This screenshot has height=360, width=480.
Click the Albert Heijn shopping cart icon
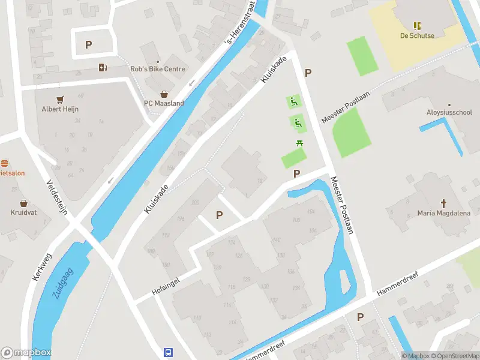tap(60, 99)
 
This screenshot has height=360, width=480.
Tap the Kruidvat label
tap(23, 212)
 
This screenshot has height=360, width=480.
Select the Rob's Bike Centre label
tap(158, 69)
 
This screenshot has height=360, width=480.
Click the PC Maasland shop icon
tap(164, 94)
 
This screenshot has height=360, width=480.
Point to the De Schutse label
tap(417, 35)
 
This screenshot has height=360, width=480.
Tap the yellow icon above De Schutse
tap(417, 26)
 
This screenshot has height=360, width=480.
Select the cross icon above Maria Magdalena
tap(444, 203)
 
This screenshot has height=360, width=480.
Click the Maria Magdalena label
tap(444, 213)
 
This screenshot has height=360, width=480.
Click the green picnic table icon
tap(299, 143)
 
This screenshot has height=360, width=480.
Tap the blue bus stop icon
tap(169, 353)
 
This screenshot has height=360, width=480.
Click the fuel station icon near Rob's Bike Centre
tap(103, 68)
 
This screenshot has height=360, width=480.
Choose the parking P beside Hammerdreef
tap(360, 317)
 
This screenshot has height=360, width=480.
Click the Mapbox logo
tap(26, 353)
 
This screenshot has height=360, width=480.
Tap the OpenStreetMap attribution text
tap(454, 356)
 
